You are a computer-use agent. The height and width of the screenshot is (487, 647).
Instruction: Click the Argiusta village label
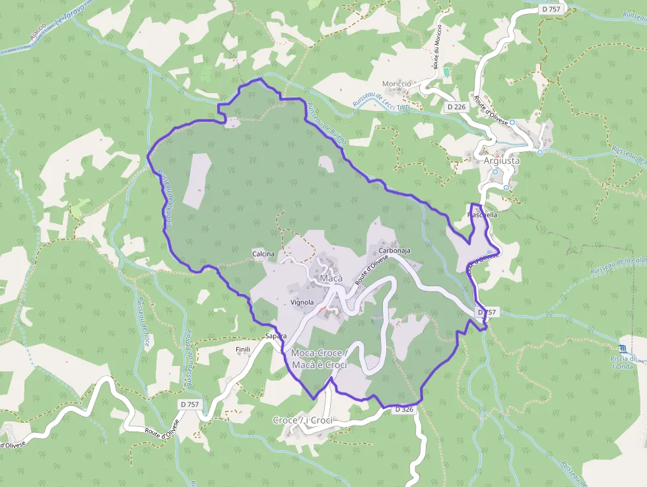coord(501,161)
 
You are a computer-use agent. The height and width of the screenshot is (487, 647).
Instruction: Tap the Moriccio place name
coord(396,84)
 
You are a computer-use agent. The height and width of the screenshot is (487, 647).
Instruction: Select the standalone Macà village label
coord(331,279)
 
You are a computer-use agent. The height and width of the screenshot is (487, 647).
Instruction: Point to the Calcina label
coord(263,254)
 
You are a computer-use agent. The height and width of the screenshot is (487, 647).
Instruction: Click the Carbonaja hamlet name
coord(395,251)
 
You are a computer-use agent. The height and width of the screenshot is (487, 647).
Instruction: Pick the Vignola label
coord(301,302)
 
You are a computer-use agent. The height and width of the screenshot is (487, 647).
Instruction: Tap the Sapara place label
coord(275,336)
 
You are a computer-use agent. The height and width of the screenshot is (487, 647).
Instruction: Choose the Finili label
coord(244,348)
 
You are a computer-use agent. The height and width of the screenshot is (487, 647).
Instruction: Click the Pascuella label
coord(482,215)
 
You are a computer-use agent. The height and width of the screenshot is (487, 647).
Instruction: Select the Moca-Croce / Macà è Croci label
coord(319,359)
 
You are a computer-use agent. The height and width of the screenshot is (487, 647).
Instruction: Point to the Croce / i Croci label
coord(302,420)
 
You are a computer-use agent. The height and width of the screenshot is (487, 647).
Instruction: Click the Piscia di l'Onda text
coord(624,362)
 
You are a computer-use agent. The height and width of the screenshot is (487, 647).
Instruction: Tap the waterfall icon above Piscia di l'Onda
coord(624,348)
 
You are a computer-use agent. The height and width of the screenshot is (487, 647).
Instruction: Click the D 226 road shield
coord(456,106)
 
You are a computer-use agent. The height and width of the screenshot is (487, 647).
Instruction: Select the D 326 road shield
coord(404,410)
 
